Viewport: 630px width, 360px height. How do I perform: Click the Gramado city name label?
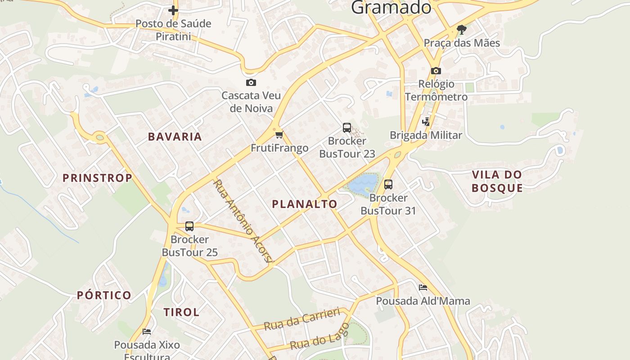(x=391, y=7)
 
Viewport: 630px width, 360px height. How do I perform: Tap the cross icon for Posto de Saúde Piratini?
(x=173, y=10)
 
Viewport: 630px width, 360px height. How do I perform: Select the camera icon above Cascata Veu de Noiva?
(x=251, y=82)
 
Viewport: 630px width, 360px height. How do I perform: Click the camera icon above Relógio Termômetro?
(x=436, y=71)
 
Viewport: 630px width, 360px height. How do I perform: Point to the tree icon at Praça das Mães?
(x=461, y=30)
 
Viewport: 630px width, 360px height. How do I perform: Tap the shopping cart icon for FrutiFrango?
(x=279, y=135)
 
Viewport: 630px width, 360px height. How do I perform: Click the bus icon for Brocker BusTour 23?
(x=347, y=128)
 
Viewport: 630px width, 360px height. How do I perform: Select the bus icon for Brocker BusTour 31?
(x=388, y=184)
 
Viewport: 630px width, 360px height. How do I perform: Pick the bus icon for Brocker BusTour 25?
(x=189, y=226)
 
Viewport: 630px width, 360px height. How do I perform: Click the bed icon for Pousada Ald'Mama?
(x=423, y=288)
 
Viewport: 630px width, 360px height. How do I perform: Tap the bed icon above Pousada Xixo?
(x=147, y=332)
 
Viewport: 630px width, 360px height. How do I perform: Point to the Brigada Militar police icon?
(x=426, y=121)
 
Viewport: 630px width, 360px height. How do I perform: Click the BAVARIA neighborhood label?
(x=175, y=137)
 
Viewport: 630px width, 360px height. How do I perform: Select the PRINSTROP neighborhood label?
(x=97, y=178)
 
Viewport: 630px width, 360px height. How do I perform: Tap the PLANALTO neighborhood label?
(x=304, y=204)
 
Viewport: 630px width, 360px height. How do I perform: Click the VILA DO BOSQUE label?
(x=497, y=181)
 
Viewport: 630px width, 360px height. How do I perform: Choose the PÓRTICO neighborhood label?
(x=104, y=296)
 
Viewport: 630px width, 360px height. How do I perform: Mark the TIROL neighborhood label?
(x=181, y=312)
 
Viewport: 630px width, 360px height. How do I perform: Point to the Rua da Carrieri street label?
(x=302, y=320)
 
